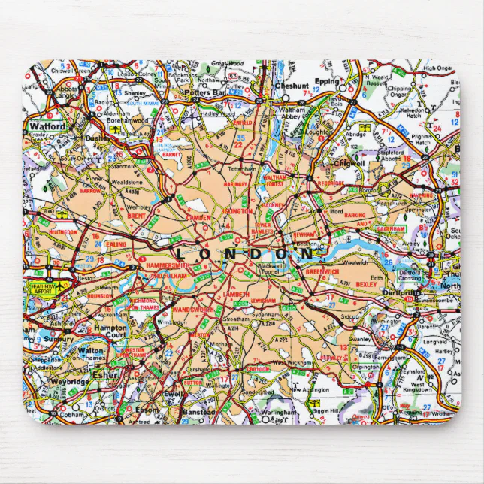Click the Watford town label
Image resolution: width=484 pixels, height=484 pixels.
point(47,127)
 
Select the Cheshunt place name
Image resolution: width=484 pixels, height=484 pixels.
point(292,86)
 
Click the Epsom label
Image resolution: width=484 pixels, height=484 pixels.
point(147,410)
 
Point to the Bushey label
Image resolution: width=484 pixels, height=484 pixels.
point(97,139)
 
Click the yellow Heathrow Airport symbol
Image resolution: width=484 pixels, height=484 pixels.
point(42,286)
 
